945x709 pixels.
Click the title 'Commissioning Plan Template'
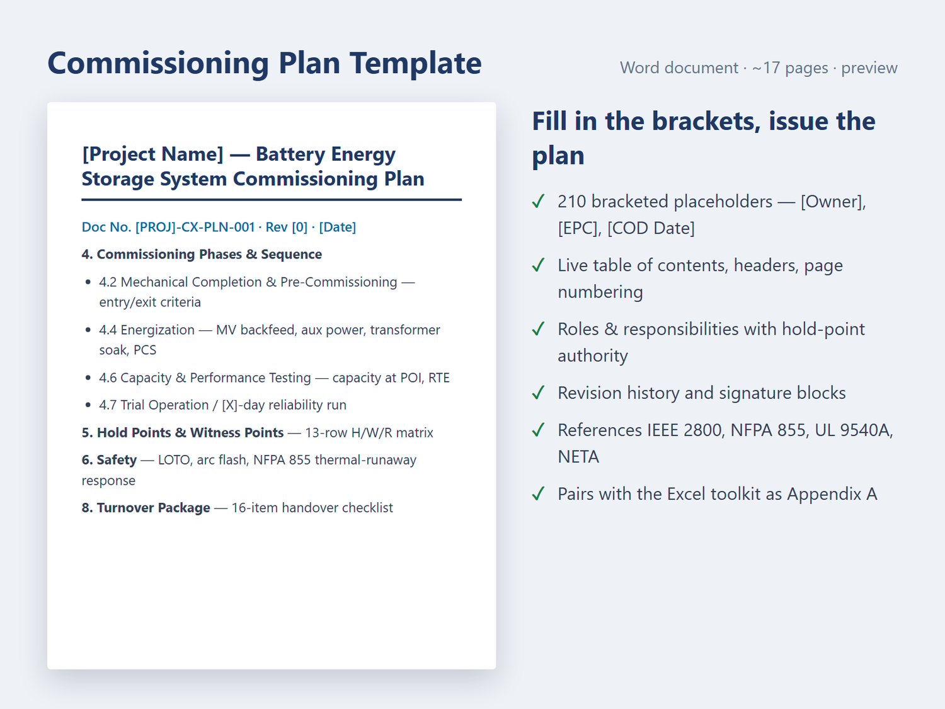(265, 63)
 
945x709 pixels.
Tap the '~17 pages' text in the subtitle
(790, 67)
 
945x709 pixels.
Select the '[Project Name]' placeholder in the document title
(153, 154)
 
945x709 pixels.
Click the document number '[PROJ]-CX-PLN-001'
(195, 227)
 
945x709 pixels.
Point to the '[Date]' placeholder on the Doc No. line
(338, 227)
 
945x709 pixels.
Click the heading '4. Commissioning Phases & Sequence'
(202, 254)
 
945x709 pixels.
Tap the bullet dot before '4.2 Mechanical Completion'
(88, 282)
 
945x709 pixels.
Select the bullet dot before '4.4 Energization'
(88, 330)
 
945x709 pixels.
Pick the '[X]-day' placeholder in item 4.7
(243, 405)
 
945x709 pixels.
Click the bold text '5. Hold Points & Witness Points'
(183, 432)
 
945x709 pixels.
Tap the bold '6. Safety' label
(109, 460)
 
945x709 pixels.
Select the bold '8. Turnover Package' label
(146, 507)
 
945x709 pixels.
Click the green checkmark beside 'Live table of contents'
(539, 265)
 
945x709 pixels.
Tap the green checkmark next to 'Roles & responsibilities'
(539, 329)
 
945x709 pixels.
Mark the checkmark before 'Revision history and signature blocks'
(539, 393)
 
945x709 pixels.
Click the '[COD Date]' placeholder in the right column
(651, 228)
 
